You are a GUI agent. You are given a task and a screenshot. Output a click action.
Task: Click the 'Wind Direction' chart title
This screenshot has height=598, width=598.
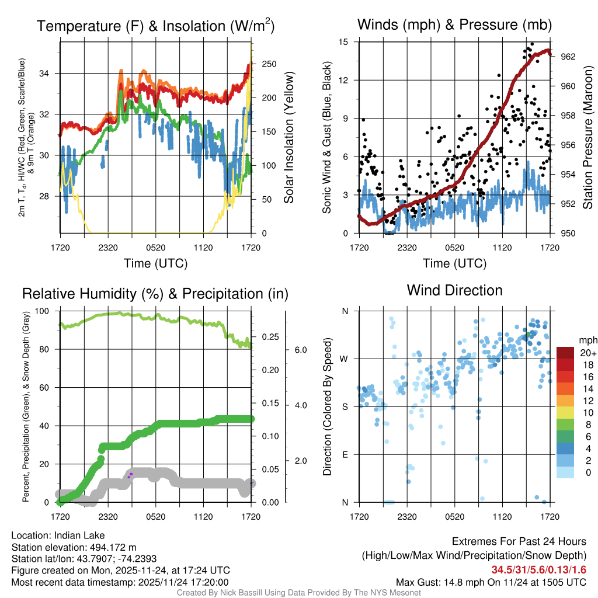[x=454, y=290]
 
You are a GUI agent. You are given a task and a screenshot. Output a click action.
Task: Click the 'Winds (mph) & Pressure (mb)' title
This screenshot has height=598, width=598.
[x=454, y=25]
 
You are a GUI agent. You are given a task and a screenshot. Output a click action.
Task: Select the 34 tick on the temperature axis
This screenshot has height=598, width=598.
[x=50, y=73]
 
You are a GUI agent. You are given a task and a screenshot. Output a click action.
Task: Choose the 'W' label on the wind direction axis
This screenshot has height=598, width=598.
[x=345, y=359]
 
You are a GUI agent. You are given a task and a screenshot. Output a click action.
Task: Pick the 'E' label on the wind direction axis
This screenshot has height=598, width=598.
[x=345, y=454]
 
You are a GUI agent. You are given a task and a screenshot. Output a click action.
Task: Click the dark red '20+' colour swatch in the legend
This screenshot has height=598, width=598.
[x=565, y=353]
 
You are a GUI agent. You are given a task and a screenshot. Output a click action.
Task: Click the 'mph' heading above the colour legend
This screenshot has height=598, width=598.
[x=586, y=340]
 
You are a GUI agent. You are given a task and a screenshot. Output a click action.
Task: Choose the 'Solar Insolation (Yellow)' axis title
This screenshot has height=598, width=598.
[x=288, y=138]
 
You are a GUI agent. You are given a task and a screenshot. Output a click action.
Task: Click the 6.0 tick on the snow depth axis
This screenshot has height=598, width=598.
[x=300, y=350]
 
